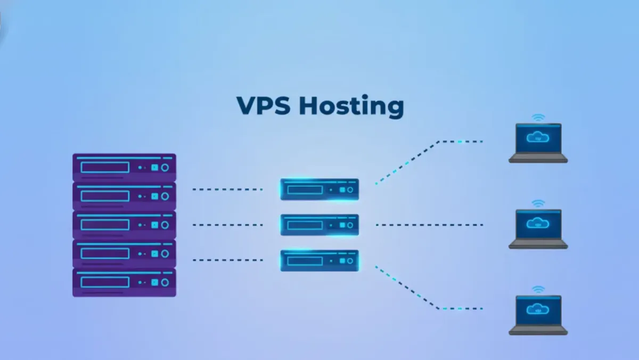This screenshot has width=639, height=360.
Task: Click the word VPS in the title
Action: point(264,105)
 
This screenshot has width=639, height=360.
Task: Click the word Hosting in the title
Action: point(351,107)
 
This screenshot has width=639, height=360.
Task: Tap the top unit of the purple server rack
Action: point(124,167)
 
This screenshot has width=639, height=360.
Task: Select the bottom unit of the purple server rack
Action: point(124,282)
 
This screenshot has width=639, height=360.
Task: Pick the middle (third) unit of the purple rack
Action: point(124,225)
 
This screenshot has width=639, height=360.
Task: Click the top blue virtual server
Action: point(319,189)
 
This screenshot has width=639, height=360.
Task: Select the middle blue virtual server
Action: point(319,225)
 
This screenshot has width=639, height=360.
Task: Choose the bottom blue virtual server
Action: point(319,260)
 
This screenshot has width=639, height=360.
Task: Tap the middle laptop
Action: point(538,228)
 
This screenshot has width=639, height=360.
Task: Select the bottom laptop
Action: point(538,315)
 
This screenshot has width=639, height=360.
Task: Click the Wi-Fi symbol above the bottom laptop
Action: point(538,289)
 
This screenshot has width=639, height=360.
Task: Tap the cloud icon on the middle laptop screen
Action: point(538,223)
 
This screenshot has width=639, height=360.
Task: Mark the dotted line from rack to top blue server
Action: point(227,189)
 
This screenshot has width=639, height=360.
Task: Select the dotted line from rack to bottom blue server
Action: point(227,260)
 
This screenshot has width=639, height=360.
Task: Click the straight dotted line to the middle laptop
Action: point(429,225)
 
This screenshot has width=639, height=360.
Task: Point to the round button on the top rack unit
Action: point(165,167)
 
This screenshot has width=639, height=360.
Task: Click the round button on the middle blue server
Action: point(350,225)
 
